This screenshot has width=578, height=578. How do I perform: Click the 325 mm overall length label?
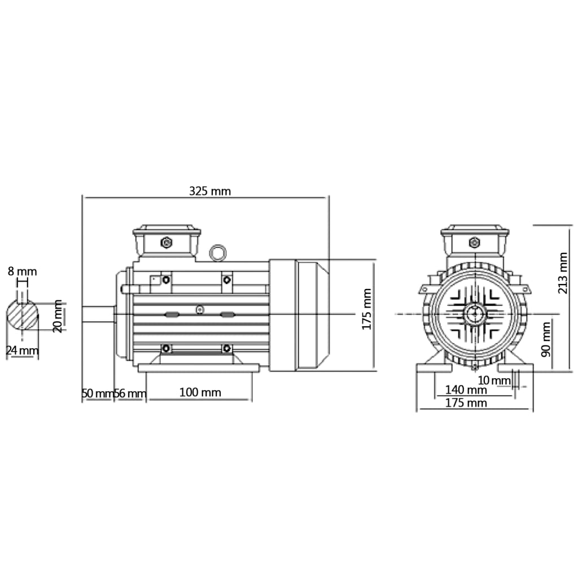pos(209,191)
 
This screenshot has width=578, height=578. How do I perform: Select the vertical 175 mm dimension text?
pos(367,309)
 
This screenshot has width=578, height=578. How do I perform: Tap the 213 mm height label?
pos(563,273)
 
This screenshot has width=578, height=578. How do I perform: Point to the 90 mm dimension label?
pos(545,339)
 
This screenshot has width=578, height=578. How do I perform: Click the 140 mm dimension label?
pos(466,389)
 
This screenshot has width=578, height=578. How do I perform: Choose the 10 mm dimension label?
pos(493,380)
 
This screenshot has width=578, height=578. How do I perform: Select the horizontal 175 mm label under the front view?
pos(466,402)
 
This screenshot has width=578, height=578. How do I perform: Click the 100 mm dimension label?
pos(200,392)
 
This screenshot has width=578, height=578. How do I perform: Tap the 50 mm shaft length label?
pos(97,393)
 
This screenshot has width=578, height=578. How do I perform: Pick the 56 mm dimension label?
pos(130,393)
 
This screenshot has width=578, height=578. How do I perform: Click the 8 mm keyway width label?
pos(23,272)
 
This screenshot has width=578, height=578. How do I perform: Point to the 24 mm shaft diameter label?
pos(23,351)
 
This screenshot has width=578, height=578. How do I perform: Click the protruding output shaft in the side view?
pos(98,314)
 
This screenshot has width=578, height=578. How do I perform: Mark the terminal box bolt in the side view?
pos(167,243)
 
